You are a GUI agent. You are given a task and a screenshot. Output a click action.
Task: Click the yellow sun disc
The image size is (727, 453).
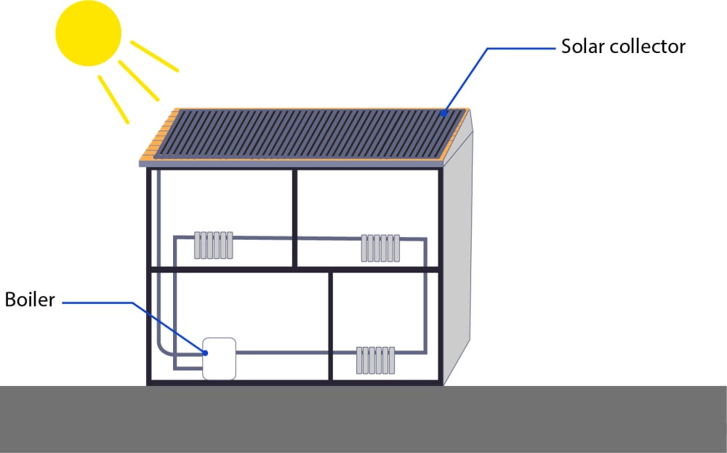coord(89,32)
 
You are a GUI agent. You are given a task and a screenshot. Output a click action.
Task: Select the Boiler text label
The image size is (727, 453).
coord(30,300)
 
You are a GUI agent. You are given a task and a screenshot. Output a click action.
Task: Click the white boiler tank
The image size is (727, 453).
coord(219,358)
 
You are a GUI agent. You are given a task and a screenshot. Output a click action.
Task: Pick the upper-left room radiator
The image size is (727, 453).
coord(213,245)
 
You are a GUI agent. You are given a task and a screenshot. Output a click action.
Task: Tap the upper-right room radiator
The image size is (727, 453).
coord(381,247)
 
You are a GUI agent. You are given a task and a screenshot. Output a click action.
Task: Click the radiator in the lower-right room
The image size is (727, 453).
coord(375,359)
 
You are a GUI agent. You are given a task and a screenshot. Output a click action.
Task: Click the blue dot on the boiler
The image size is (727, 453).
coord(206,353)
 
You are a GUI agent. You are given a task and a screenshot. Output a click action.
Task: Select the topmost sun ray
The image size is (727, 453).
coord(154,56)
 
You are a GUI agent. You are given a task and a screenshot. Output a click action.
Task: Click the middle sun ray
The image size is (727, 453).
coord(138,80)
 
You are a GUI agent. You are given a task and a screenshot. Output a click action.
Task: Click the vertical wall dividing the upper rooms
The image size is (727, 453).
coord(294,218)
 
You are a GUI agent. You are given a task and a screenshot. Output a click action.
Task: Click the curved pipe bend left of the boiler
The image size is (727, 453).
coord(164,349)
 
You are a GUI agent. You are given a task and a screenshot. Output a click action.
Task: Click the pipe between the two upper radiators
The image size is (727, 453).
coord(298,238)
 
